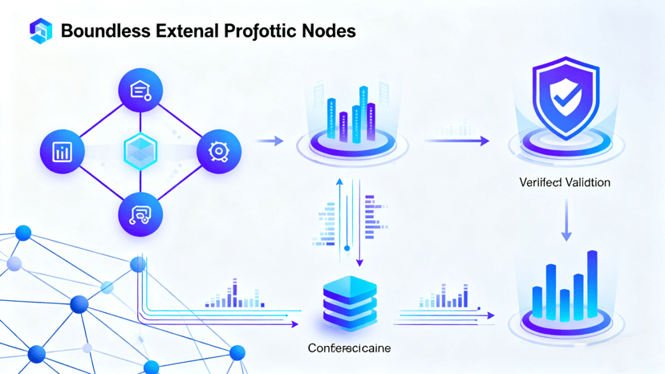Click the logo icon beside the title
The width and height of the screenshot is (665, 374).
[40, 30]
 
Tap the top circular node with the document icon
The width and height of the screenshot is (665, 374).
[140, 90]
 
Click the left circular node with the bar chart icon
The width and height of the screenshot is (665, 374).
[62, 151]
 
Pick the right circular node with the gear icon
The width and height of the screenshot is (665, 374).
[218, 151]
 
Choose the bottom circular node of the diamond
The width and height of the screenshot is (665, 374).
[140, 213]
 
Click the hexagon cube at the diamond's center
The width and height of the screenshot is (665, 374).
[140, 151]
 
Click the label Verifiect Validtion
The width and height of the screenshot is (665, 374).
[565, 183]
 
